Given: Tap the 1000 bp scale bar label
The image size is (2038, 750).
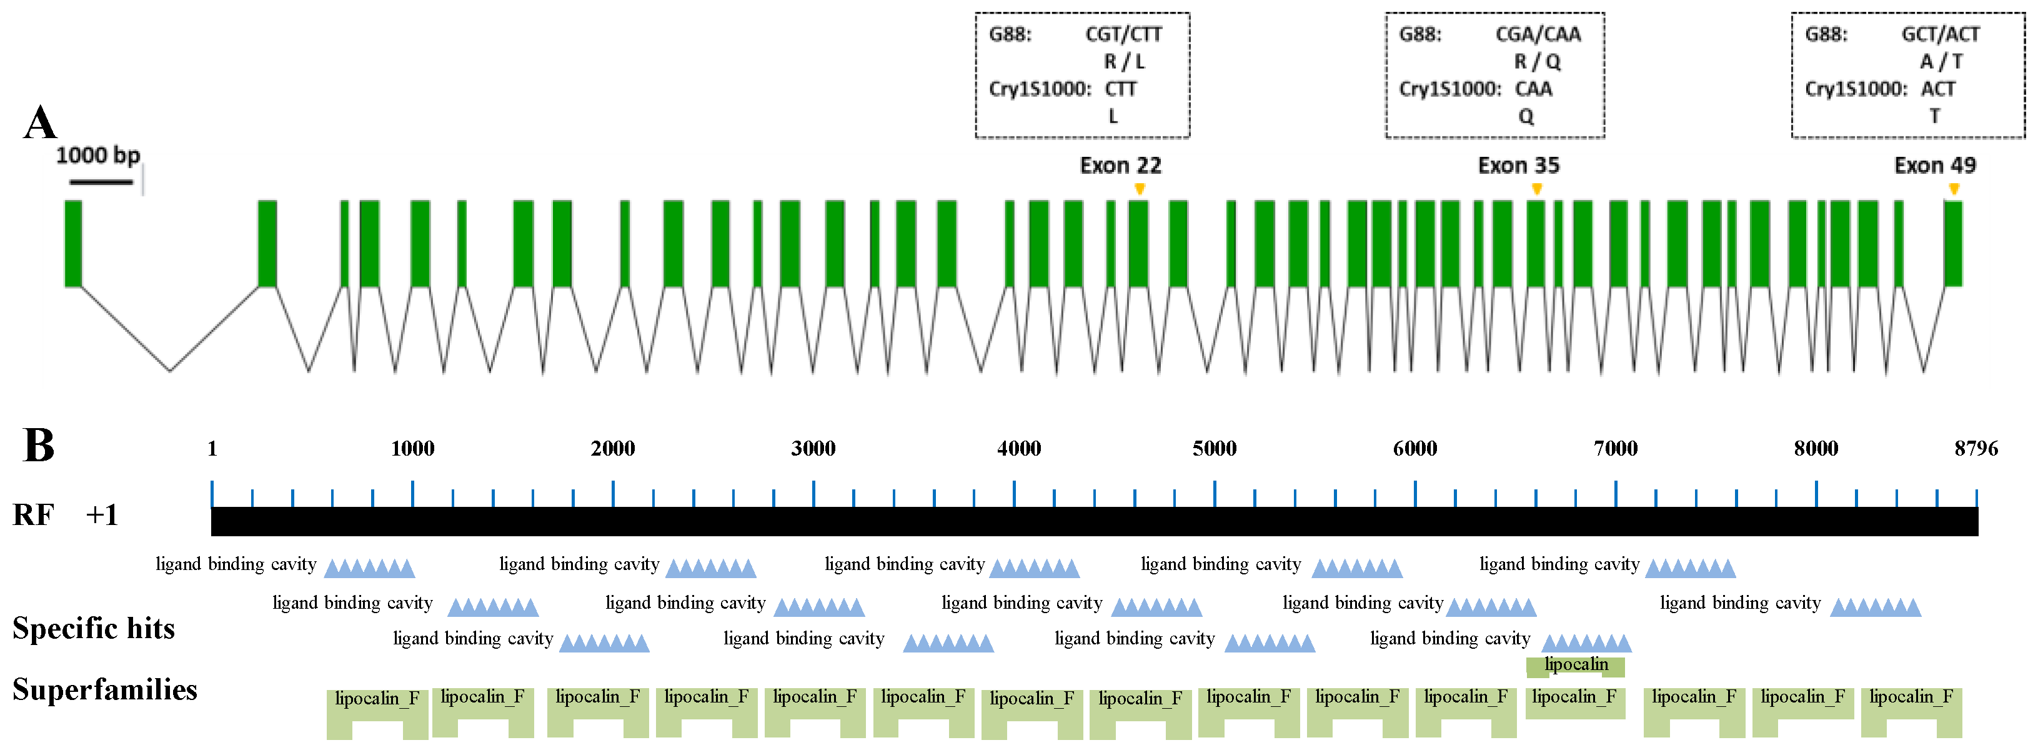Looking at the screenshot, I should coord(97,155).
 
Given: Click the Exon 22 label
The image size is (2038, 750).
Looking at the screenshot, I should coord(1120,166).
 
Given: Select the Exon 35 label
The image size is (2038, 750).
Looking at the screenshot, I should coord(1518,166).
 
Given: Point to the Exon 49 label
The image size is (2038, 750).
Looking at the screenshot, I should coord(1934,166).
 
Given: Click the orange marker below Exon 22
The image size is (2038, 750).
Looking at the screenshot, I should coord(1139,188).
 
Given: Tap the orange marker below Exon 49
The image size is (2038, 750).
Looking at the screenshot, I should coord(1954,188).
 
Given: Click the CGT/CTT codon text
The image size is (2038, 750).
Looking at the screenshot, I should coord(1123,34).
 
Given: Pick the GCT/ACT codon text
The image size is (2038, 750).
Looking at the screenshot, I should coord(1941,34).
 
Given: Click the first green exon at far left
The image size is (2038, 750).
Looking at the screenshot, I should coord(72,243).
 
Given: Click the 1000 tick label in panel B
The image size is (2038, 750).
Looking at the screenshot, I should coord(412,449).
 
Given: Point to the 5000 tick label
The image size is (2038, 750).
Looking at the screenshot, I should coord(1214,449).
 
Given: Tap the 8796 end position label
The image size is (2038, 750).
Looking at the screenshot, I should coord(1976,449).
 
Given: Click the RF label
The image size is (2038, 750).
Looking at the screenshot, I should coord(33,515).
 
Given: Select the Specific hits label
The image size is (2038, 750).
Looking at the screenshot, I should coord(93,628).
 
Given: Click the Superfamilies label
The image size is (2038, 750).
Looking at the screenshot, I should coord(104,690).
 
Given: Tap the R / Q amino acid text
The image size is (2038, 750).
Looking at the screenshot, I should coord(1537,62).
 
